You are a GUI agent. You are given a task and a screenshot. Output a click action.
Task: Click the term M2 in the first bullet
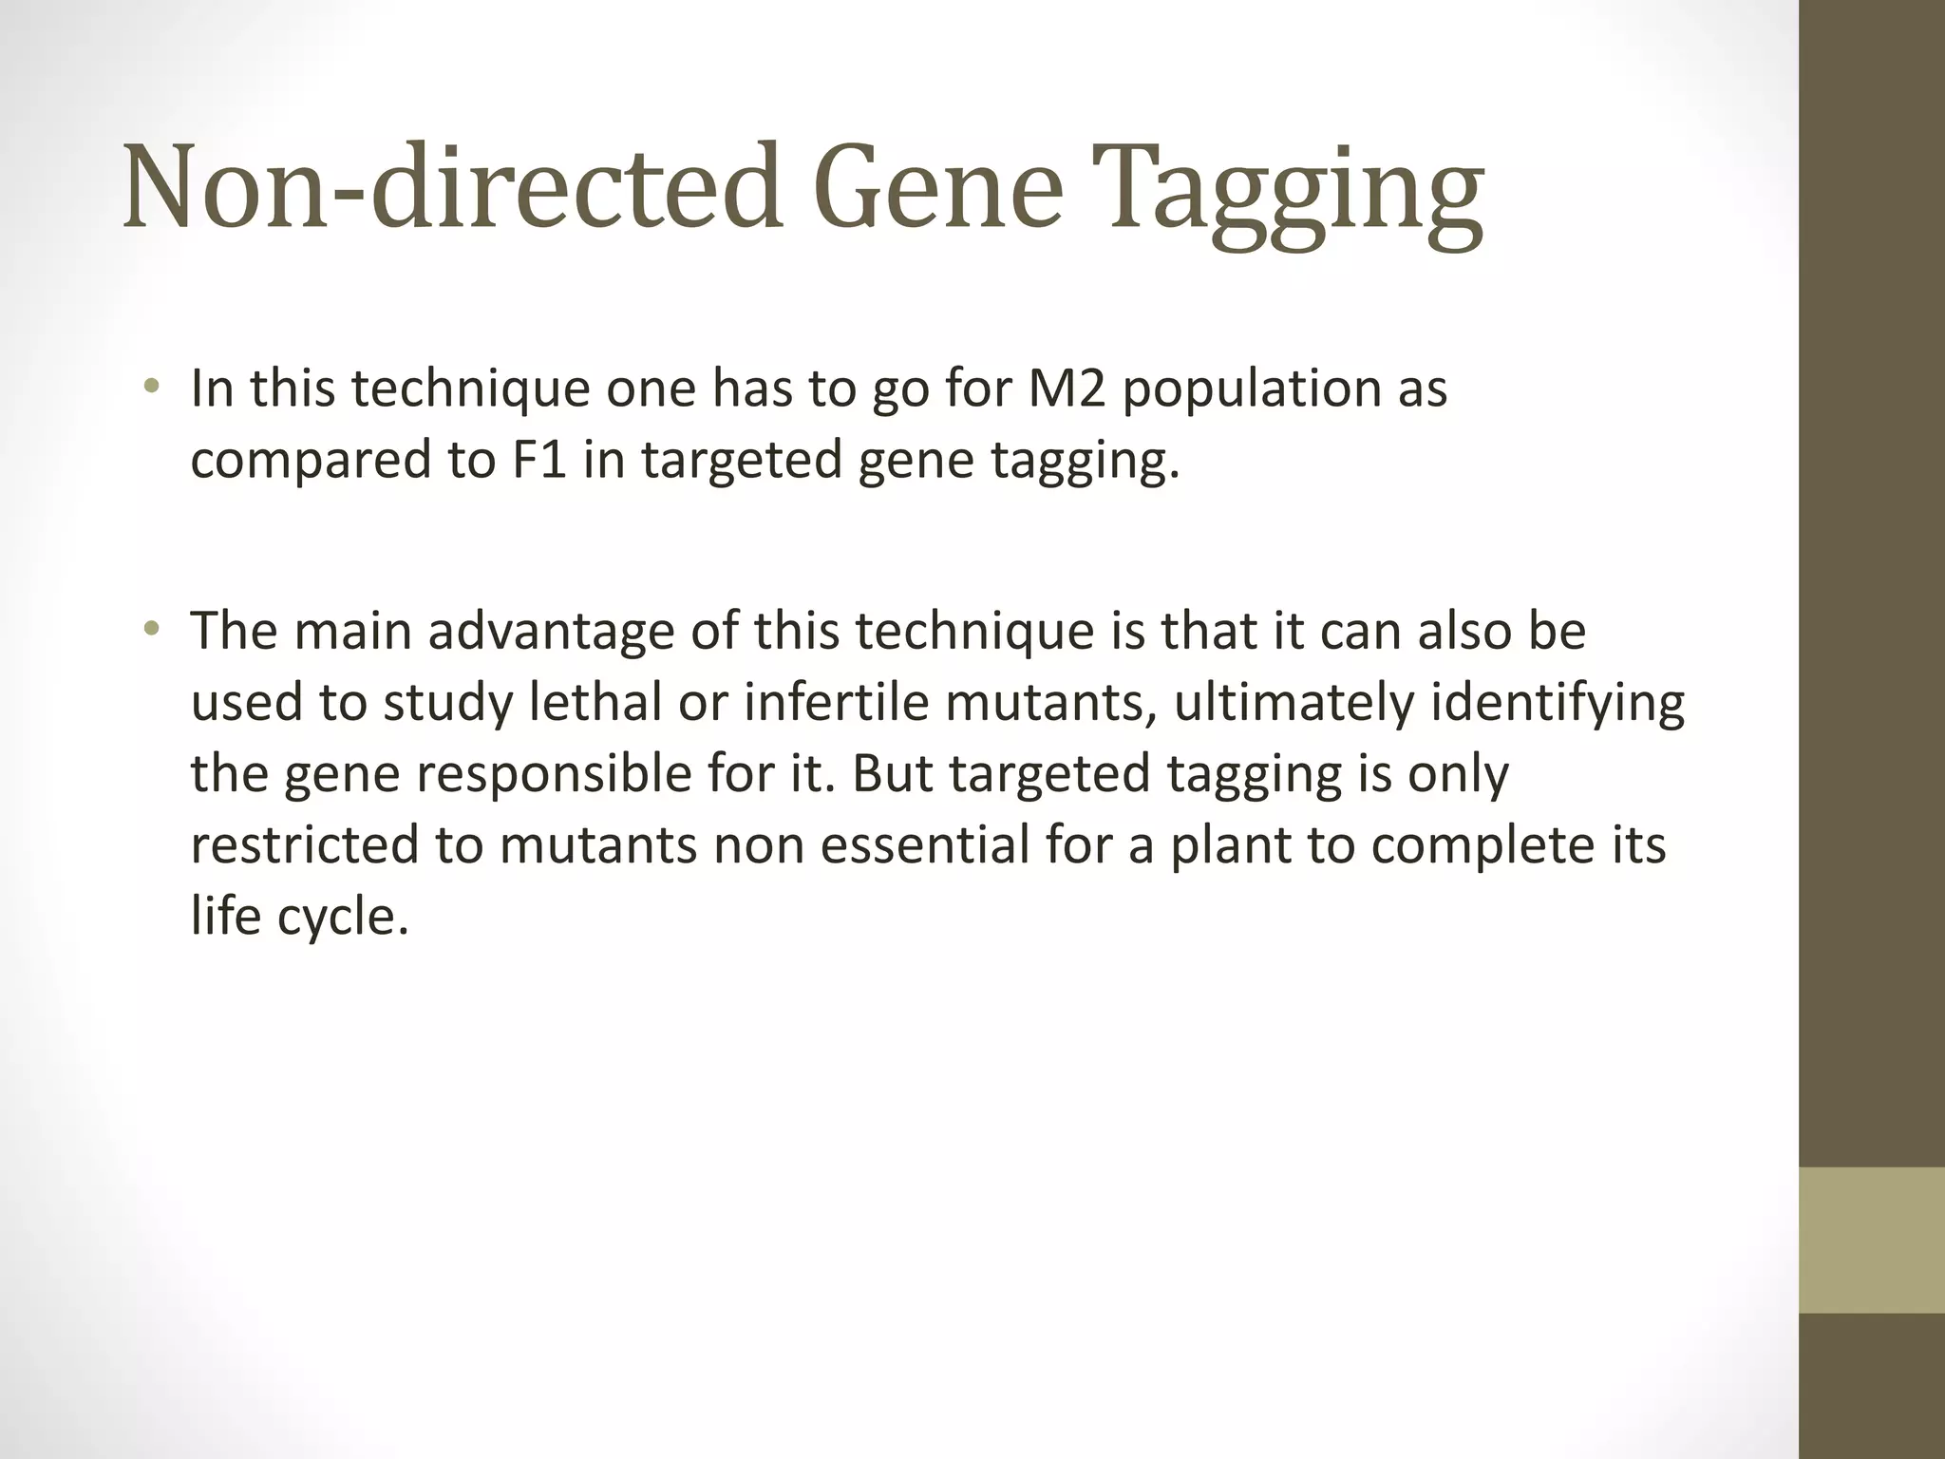click(1067, 388)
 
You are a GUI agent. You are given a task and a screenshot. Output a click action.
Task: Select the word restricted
click(304, 845)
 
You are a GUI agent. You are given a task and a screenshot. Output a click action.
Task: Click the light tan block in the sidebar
click(1872, 1240)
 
